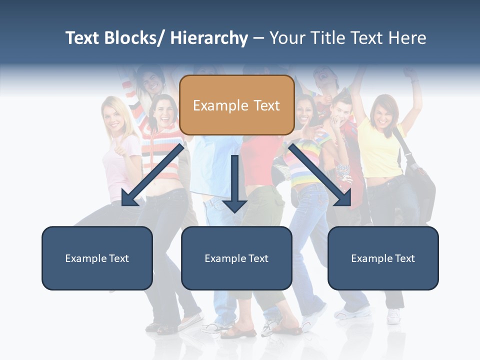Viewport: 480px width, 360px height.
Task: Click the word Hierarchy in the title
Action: coord(209,38)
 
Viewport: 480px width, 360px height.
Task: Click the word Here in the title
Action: coord(407,38)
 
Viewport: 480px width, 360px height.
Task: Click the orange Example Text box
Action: coord(236,105)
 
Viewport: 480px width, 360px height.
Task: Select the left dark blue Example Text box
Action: coord(97,258)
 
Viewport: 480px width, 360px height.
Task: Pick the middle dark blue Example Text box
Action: coord(236,258)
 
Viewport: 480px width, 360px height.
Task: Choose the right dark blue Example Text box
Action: coord(383,258)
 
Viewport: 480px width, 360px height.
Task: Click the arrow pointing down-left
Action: coord(152,175)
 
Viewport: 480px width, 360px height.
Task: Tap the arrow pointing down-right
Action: coord(320,175)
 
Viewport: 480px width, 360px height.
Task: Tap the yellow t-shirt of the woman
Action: coord(380,150)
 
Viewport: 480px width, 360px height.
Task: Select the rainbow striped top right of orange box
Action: coord(305,160)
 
